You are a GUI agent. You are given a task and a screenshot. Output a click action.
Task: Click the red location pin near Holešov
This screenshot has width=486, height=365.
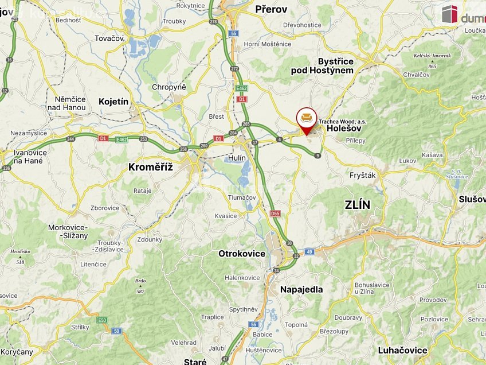tap(307, 119)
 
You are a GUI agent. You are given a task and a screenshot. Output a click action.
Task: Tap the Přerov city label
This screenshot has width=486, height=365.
tap(271, 9)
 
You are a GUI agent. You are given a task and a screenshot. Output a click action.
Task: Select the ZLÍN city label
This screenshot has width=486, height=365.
tap(358, 205)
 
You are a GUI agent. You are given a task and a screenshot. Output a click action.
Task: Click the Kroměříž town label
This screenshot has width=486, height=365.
tap(151, 166)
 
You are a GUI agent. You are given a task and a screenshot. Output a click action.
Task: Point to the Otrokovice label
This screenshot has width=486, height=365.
tap(241, 254)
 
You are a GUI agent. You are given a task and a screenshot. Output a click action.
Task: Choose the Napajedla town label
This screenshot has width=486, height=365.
tap(301, 289)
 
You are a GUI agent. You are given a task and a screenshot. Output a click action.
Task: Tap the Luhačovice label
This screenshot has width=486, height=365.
tap(402, 350)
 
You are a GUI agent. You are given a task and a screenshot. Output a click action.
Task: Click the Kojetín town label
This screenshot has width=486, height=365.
tap(114, 101)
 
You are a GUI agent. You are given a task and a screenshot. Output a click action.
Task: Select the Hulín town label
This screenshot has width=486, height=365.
tap(236, 158)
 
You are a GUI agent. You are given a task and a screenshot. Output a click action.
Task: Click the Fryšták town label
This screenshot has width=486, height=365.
tap(362, 175)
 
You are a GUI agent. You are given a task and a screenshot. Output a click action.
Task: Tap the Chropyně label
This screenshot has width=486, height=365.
tap(168, 87)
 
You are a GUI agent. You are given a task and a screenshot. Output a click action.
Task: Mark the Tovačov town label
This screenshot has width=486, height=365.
tap(109, 38)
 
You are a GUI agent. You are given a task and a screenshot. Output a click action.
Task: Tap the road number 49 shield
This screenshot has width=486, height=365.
tap(309, 251)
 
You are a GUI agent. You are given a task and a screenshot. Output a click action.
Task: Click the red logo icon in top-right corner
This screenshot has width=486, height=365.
tap(450, 14)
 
